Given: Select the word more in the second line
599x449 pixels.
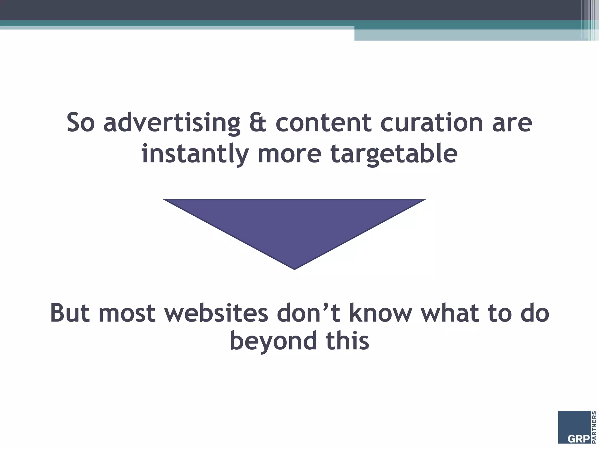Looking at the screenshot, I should (289, 154).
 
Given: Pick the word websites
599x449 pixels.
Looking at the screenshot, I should (216, 313).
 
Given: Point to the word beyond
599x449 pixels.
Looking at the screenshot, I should (273, 341).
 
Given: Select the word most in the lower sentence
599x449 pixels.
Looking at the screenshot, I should (127, 313).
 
